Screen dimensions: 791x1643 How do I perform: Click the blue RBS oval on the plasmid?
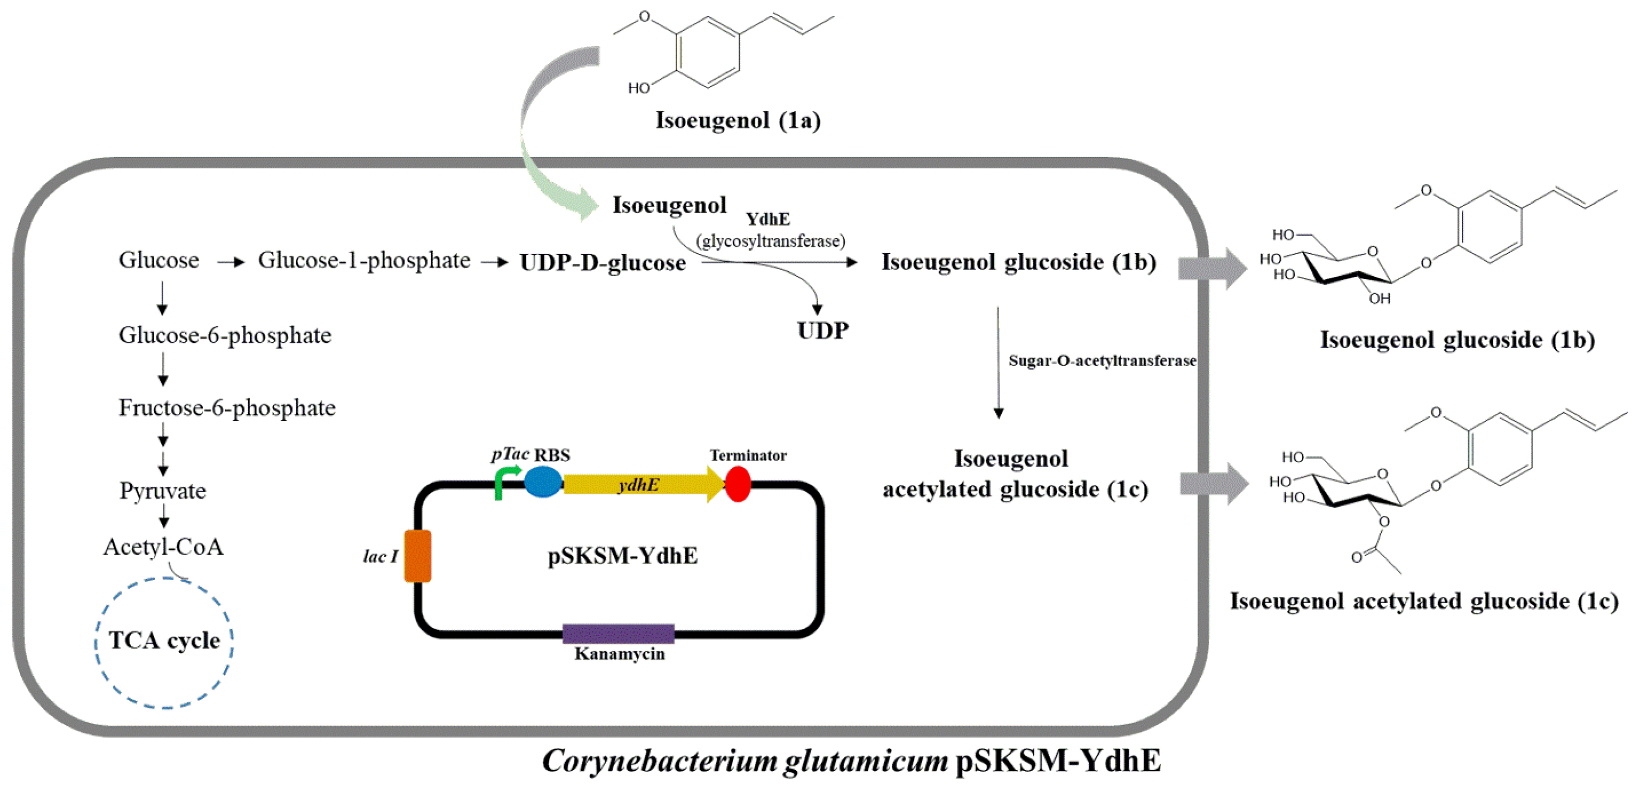point(543,482)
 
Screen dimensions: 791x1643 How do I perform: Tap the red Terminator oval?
point(738,484)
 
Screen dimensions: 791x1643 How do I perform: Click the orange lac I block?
point(418,556)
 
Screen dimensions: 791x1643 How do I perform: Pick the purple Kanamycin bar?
point(618,634)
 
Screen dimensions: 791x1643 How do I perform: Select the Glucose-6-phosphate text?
point(224,335)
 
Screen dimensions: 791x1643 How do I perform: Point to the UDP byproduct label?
point(823,330)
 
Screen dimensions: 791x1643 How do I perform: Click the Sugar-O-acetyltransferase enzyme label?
point(1101,361)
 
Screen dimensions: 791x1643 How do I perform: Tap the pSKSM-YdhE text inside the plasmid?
point(622,556)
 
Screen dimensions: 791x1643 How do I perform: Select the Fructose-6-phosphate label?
point(227,408)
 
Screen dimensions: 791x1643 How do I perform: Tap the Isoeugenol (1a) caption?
point(738,121)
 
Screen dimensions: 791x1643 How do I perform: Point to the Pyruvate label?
point(162,491)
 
